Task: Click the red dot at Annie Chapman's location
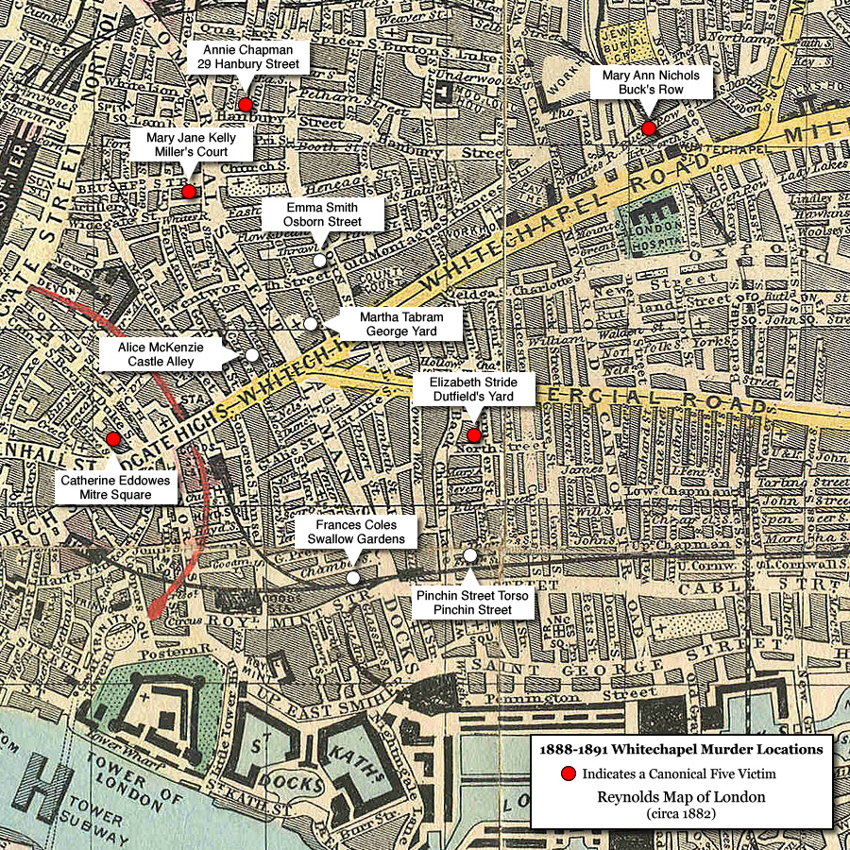pyautogui.click(x=246, y=105)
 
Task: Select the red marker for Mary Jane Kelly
pyautogui.click(x=188, y=192)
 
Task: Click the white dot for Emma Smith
pyautogui.click(x=319, y=260)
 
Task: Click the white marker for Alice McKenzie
pyautogui.click(x=252, y=354)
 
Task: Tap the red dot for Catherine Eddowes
pyautogui.click(x=113, y=439)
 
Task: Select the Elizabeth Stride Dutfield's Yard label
pyautogui.click(x=472, y=389)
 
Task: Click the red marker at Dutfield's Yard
pyautogui.click(x=473, y=435)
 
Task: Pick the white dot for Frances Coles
pyautogui.click(x=352, y=577)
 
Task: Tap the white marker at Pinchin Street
pyautogui.click(x=469, y=555)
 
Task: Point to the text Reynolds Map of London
pyautogui.click(x=680, y=796)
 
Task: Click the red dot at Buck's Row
pyautogui.click(x=648, y=128)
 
